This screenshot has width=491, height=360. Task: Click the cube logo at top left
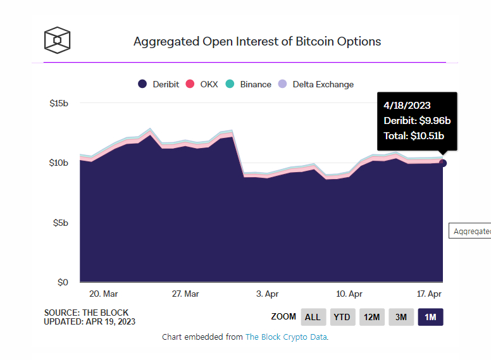pyautogui.click(x=57, y=40)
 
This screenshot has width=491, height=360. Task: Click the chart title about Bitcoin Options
pyautogui.click(x=257, y=42)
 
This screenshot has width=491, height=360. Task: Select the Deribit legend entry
pyautogui.click(x=159, y=84)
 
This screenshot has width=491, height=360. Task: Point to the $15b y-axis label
pyautogui.click(x=59, y=103)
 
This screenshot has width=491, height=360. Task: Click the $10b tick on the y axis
pyautogui.click(x=59, y=163)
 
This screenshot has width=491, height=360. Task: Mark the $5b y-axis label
pyautogui.click(x=61, y=223)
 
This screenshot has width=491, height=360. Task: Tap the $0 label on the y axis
pyautogui.click(x=63, y=282)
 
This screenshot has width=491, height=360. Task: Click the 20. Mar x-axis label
pyautogui.click(x=103, y=294)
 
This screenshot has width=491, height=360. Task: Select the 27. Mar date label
pyautogui.click(x=185, y=294)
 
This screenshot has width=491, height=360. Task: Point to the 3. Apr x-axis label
pyautogui.click(x=268, y=294)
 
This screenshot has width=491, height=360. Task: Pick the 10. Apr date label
pyautogui.click(x=349, y=294)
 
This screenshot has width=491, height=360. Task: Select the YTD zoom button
pyautogui.click(x=342, y=317)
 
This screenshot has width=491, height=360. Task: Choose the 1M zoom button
pyautogui.click(x=430, y=317)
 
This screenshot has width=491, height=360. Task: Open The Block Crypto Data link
pyautogui.click(x=286, y=337)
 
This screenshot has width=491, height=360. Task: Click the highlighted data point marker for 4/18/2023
pyautogui.click(x=443, y=163)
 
